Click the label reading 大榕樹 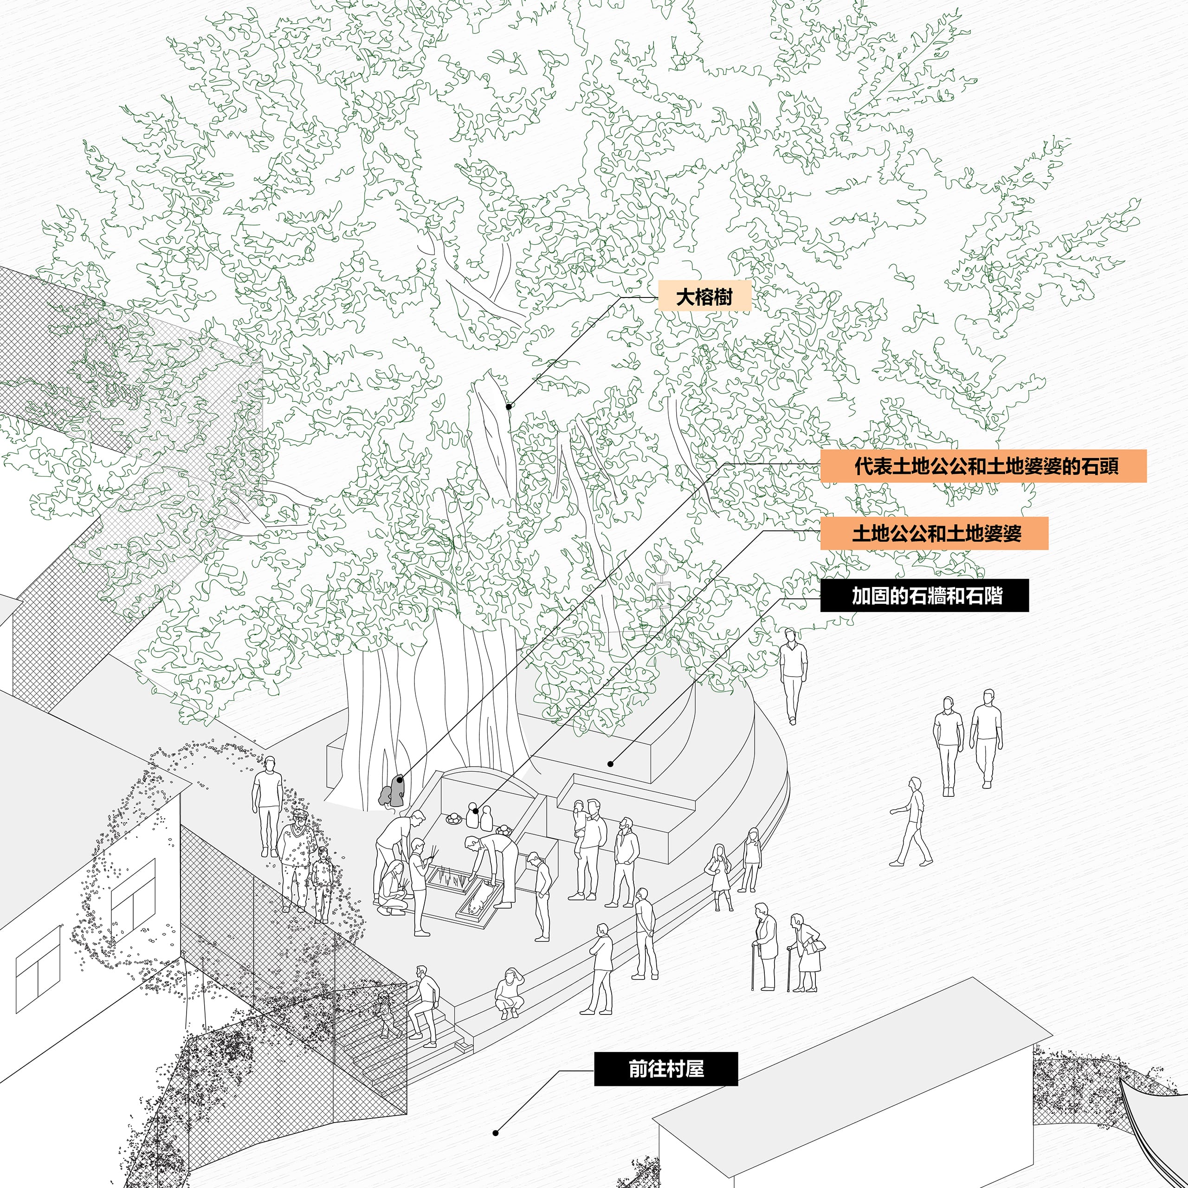[x=704, y=297]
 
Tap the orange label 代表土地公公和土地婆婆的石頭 [x=982, y=465]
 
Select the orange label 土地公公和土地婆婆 [x=933, y=532]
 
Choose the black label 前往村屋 [x=665, y=1069]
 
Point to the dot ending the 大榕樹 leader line [x=509, y=407]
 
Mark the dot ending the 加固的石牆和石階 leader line [x=611, y=764]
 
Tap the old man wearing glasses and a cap [x=297, y=855]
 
